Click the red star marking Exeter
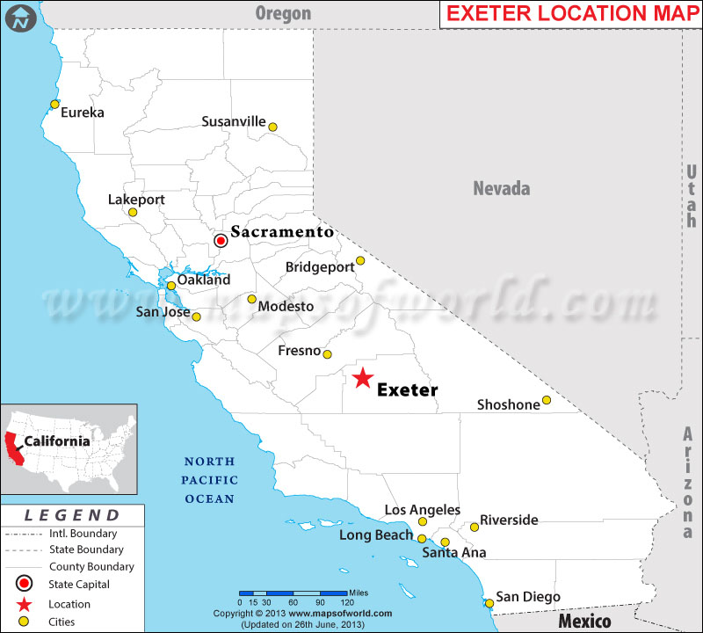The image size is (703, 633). tap(362, 378)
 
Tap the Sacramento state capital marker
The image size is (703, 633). tap(221, 240)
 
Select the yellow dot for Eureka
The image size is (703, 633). tap(54, 105)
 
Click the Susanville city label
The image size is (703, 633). tap(234, 121)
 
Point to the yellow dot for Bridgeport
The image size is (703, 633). tap(360, 260)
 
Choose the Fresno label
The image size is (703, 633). tap(299, 351)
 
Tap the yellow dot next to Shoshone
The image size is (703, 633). tap(546, 400)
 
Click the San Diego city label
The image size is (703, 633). tap(528, 597)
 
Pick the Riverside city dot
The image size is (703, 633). tap(475, 527)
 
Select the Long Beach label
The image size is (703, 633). tap(375, 535)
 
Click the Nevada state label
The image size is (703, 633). tap(502, 188)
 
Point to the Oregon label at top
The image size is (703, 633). tap(283, 12)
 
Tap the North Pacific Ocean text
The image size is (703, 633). tap(209, 480)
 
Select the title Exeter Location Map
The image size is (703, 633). tap(569, 14)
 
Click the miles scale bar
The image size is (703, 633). tap(293, 593)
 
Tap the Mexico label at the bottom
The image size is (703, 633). tap(585, 621)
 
